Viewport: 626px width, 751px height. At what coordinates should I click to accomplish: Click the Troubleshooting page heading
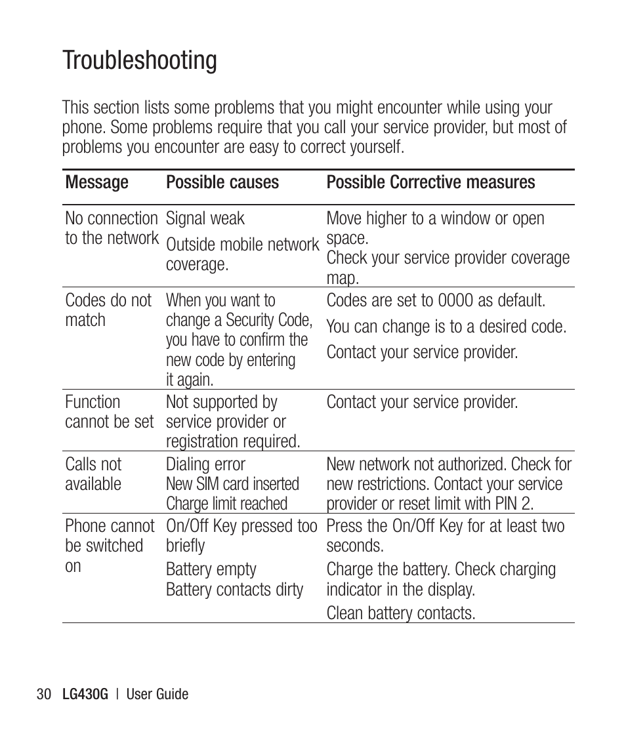pos(140,60)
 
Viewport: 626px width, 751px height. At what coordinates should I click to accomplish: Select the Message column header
pos(96,182)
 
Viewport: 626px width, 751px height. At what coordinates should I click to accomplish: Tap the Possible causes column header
pos(222,182)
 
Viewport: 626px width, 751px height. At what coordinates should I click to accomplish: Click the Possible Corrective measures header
pos(430,182)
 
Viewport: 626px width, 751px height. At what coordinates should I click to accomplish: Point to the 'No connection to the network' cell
pos(111,228)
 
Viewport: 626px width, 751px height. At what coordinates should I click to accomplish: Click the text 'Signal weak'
pos(205,218)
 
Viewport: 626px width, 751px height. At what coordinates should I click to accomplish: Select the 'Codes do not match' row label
pos(108,310)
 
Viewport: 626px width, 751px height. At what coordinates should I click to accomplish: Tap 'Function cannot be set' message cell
pos(109,412)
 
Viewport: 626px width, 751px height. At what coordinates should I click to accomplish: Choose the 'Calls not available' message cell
pos(93,474)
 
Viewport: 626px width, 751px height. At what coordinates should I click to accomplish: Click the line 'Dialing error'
pos(205,464)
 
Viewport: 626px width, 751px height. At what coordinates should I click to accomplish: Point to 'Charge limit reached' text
pos(226,504)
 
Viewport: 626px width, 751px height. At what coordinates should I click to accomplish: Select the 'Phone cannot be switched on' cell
pos(109,546)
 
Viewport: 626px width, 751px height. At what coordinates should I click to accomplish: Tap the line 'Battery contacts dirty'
pos(234,590)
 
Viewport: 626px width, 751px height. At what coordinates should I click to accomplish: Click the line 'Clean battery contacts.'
pos(400,613)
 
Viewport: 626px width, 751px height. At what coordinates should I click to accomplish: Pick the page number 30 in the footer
pos(44,694)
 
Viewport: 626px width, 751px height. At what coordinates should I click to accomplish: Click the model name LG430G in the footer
pos(84,694)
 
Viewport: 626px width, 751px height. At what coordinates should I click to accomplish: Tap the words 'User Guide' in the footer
pos(157,694)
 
